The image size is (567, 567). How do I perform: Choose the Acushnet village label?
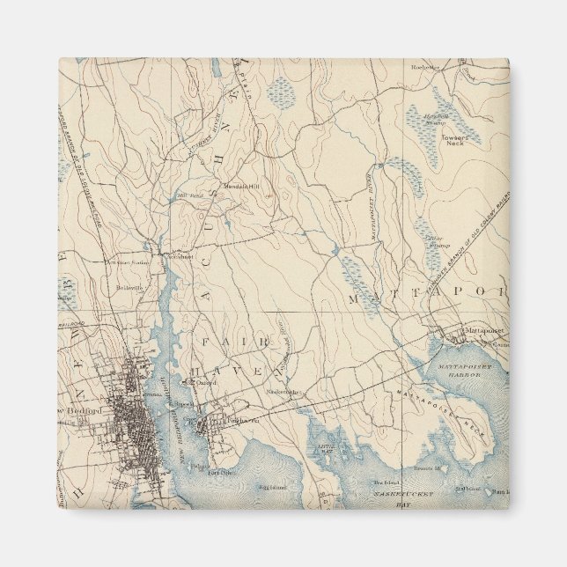[x=180, y=257]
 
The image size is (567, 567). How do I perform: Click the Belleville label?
[x=129, y=287]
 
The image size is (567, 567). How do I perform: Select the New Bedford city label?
[x=84, y=411]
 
